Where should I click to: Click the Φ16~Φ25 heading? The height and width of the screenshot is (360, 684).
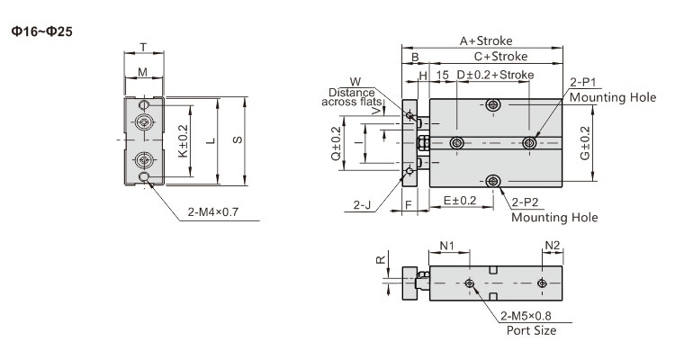(42, 31)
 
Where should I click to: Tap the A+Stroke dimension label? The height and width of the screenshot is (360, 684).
(486, 40)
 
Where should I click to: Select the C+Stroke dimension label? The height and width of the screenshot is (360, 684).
(500, 57)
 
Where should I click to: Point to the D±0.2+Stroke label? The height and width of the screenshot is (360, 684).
(495, 75)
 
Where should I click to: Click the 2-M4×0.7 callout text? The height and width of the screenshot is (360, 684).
(213, 212)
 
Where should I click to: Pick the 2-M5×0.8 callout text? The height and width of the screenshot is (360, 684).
(526, 316)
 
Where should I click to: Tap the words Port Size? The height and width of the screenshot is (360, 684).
(531, 330)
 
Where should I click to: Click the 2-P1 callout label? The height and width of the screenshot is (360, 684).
(583, 83)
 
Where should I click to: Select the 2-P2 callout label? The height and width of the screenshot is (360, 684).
(526, 202)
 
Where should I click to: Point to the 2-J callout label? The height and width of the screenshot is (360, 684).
(362, 204)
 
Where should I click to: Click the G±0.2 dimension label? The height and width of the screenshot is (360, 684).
(585, 143)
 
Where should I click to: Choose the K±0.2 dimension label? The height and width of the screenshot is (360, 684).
(184, 141)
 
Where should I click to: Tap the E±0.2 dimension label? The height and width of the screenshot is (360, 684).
(460, 201)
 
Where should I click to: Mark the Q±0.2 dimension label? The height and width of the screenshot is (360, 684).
(336, 143)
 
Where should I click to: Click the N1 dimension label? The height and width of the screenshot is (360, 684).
(446, 246)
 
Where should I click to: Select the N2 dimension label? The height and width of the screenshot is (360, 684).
(553, 245)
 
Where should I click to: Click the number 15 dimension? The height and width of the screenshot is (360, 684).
(442, 75)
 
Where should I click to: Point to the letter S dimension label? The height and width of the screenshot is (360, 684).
(238, 139)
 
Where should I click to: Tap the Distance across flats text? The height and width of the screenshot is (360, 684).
(352, 97)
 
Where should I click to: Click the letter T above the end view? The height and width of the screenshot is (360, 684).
(143, 47)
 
